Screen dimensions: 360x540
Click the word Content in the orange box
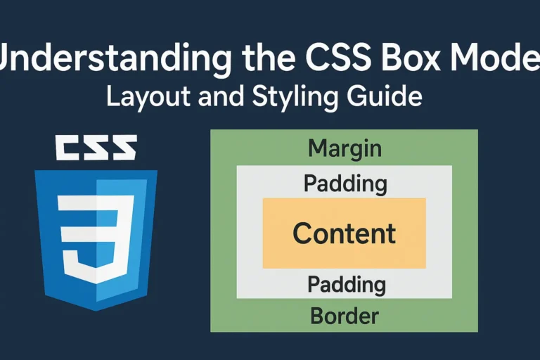coord(344,233)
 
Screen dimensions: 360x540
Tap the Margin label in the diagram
coord(345,148)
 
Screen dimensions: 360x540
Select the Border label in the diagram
coord(345,316)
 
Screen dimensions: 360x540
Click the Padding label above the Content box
coord(345,184)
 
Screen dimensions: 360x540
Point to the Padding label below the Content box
coord(347,285)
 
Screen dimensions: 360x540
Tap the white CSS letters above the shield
coord(95,148)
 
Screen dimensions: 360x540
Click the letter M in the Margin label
coord(317,148)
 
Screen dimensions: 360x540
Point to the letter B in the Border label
coord(316,316)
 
